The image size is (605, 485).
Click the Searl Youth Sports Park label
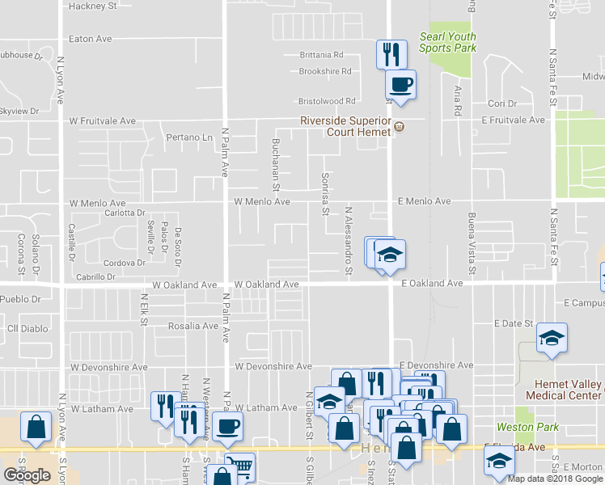pos(447,42)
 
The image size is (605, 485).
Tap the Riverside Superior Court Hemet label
pos(345,127)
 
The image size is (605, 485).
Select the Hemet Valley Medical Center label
pos(564,390)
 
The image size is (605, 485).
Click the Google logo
pos(27,475)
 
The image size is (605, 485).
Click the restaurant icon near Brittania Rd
pos(391,54)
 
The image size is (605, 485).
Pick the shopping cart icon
pos(239,466)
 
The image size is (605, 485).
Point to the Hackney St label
pos(93,5)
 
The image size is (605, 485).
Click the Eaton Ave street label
pos(90,38)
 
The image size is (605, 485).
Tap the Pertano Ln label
pos(189,137)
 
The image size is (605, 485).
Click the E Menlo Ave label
pos(423,200)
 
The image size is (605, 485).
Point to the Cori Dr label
pos(502,103)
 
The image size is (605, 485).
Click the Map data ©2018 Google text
pos(554,478)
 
